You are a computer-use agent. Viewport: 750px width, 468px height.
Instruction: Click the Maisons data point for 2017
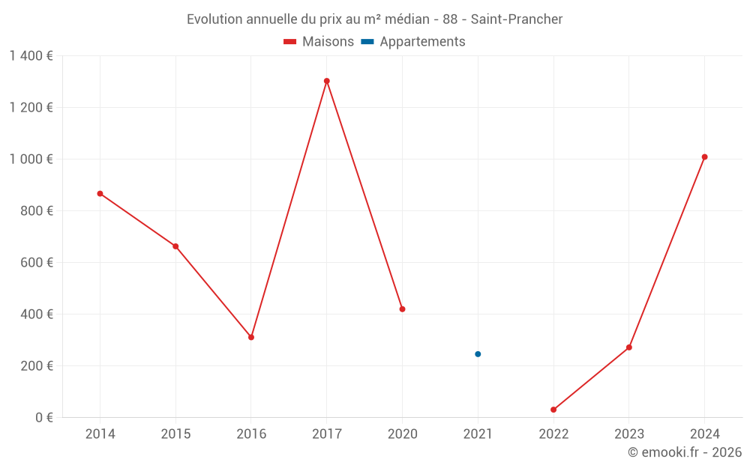327,81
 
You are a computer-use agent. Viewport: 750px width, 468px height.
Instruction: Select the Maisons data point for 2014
100,194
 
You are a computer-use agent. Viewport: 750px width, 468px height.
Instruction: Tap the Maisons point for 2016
251,337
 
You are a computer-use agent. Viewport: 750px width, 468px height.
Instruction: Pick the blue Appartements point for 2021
478,354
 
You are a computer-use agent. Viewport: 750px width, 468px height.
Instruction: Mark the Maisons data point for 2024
704,157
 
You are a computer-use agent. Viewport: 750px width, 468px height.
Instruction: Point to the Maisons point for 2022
553,410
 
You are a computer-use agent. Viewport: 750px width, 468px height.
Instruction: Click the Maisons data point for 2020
402,309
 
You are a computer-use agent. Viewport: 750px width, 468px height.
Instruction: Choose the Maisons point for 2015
175,246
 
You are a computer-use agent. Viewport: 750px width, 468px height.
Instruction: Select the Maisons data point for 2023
628,347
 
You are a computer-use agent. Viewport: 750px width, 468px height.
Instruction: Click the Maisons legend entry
319,42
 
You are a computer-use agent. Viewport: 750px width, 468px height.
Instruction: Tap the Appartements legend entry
413,42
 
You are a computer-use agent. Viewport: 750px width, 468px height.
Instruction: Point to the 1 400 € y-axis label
31,55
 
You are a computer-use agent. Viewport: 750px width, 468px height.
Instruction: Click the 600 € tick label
37,263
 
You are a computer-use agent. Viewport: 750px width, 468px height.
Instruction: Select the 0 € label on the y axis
43,418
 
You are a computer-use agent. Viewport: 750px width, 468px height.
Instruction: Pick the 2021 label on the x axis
478,434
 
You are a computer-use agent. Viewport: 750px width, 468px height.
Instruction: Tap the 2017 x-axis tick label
327,434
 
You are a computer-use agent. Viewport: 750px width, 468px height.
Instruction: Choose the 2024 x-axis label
704,434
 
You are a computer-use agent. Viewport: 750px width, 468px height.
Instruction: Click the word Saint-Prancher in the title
517,19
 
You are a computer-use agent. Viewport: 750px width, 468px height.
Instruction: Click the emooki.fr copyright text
685,452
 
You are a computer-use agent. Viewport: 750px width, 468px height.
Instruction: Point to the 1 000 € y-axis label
31,159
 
